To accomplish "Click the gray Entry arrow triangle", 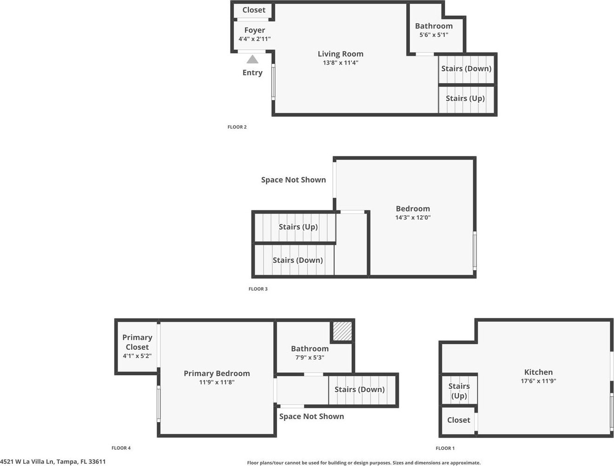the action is (252, 60).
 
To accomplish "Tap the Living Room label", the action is (340, 54).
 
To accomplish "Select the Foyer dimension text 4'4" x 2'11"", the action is (254, 39).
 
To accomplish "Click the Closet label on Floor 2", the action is (254, 10).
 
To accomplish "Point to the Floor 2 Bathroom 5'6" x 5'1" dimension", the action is (434, 35).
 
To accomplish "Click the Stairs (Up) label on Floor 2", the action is (465, 98).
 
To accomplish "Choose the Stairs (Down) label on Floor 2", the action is (466, 68).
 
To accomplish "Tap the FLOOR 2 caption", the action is (237, 127).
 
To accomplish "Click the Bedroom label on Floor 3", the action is (413, 208).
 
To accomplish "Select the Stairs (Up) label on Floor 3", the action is (298, 226).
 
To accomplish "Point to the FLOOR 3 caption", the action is (258, 289).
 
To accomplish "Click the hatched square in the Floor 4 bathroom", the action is (342, 332).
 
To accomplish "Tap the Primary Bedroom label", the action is (217, 373).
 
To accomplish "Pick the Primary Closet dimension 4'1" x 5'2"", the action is (137, 356).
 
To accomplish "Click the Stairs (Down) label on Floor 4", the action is (359, 389).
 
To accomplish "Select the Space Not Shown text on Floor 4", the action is (311, 416).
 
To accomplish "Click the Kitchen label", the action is (538, 372).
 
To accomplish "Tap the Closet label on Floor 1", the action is (458, 420).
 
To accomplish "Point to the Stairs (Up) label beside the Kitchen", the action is (459, 391).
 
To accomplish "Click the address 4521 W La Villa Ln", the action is (53, 462).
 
